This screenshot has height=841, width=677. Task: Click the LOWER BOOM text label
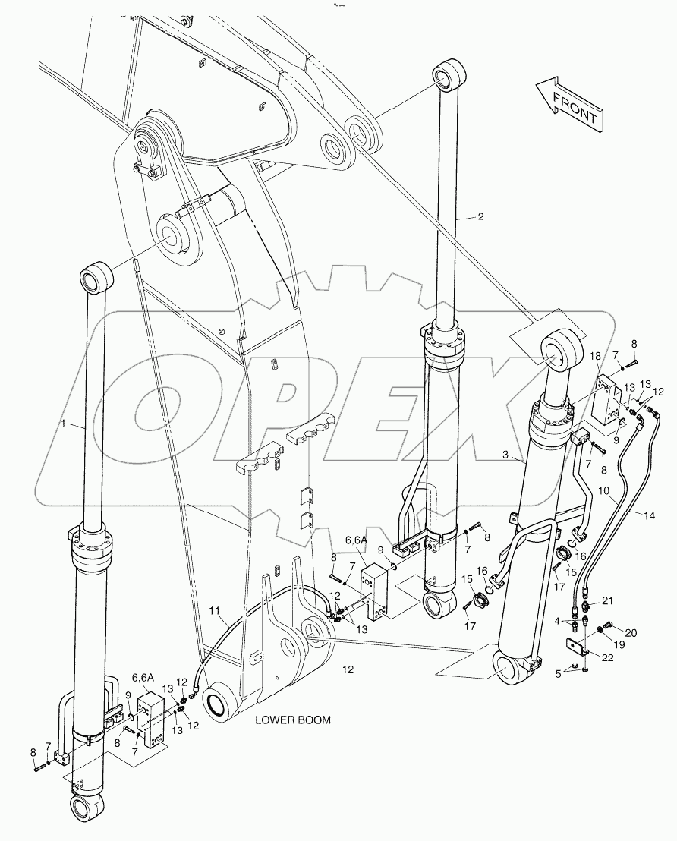click(292, 720)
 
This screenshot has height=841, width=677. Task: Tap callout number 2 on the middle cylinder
click(480, 216)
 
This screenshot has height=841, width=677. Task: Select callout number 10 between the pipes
click(603, 491)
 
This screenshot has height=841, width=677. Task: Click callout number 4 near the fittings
click(559, 621)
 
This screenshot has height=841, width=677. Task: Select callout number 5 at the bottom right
click(559, 672)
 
